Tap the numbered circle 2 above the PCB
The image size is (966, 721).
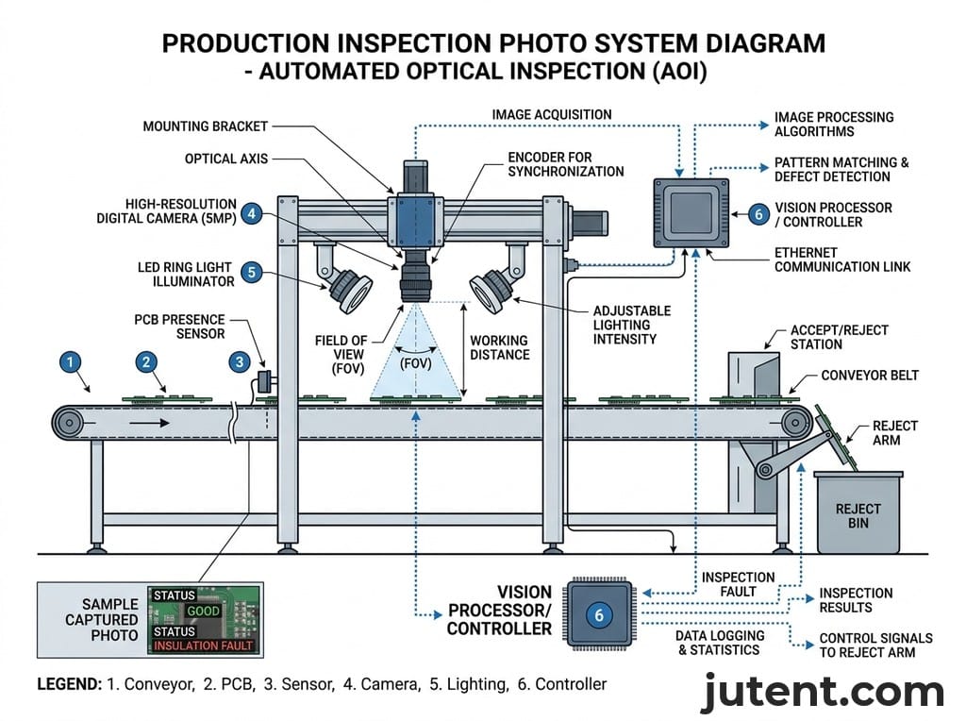[x=145, y=360]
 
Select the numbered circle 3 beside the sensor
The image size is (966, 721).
[x=240, y=360]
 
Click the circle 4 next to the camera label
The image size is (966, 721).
[x=251, y=213]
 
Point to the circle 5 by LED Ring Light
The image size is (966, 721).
[x=251, y=273]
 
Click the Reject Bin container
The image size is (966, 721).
[x=858, y=514]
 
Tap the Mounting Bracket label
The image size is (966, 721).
[x=206, y=126]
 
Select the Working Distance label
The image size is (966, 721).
[x=499, y=347]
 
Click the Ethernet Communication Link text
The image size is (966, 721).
[x=842, y=260]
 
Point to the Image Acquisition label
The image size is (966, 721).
[x=552, y=115]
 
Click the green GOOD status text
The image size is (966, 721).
[x=203, y=611]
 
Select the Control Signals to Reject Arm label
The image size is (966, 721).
[x=875, y=646]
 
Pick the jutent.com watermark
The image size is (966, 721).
[x=822, y=693]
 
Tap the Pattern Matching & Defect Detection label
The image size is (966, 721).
[x=841, y=170]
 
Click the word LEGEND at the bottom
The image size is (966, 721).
[x=68, y=684]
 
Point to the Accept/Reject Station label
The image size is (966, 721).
[x=840, y=338]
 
